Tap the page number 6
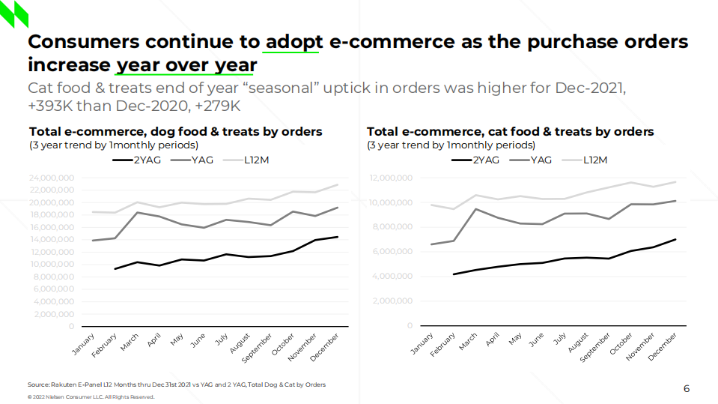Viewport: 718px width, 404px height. pyautogui.click(x=687, y=388)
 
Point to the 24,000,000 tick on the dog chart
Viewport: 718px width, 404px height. pyautogui.click(x=52, y=178)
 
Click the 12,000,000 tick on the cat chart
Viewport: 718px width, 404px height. pyautogui.click(x=392, y=178)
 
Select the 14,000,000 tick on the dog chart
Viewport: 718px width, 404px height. pyautogui.click(x=52, y=240)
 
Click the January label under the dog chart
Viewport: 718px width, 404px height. pyautogui.click(x=83, y=347)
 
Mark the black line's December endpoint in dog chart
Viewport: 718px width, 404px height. pyautogui.click(x=338, y=237)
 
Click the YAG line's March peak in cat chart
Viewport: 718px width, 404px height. pyautogui.click(x=475, y=208)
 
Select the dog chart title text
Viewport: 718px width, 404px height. pyautogui.click(x=175, y=132)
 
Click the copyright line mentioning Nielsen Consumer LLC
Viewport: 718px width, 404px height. pyautogui.click(x=91, y=397)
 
